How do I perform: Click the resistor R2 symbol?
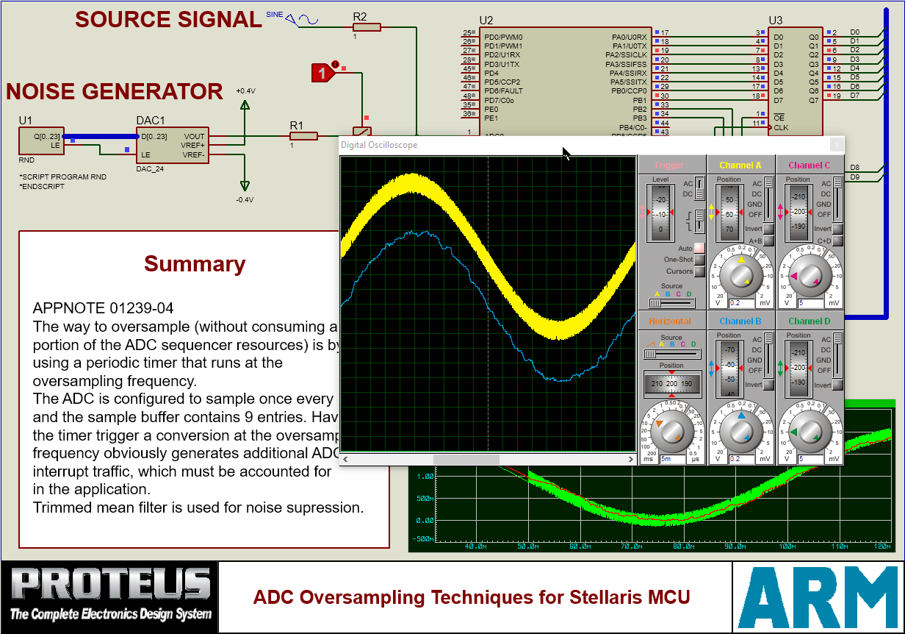click(x=367, y=27)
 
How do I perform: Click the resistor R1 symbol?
click(x=303, y=136)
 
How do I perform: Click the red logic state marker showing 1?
click(x=322, y=73)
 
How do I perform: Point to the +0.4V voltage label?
click(x=245, y=90)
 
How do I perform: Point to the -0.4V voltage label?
click(x=245, y=199)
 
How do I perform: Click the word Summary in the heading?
click(x=195, y=263)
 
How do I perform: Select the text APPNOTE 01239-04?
click(x=103, y=307)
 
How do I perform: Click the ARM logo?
click(x=817, y=596)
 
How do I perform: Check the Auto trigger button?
click(x=699, y=249)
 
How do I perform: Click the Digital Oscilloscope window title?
click(x=379, y=145)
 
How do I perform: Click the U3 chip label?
click(x=776, y=20)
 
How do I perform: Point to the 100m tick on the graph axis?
click(x=787, y=546)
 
